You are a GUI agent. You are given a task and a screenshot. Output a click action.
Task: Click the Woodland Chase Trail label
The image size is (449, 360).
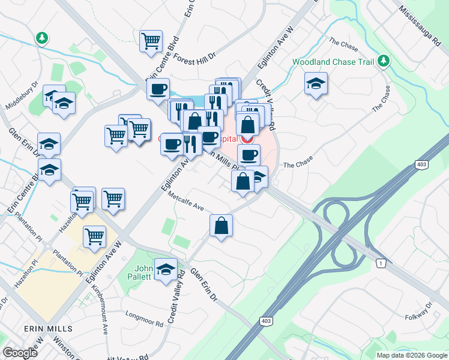click(x=333, y=62)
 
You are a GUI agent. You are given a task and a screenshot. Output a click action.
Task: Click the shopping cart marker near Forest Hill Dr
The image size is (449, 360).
click(x=151, y=41)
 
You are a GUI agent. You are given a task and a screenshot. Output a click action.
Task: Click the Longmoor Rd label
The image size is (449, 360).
click(x=144, y=318)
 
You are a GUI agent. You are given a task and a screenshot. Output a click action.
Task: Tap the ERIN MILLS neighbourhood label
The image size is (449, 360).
click(x=48, y=329)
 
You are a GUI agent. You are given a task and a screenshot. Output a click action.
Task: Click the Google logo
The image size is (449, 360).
click(x=20, y=352)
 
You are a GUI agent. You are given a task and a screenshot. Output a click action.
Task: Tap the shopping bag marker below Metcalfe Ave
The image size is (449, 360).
click(x=221, y=226)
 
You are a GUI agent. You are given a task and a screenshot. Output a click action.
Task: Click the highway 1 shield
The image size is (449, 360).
click(x=380, y=263)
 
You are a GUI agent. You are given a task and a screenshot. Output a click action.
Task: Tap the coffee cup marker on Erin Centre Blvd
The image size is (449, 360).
click(x=158, y=89)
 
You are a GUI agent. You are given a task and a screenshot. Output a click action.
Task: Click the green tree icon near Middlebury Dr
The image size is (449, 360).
click(x=41, y=38)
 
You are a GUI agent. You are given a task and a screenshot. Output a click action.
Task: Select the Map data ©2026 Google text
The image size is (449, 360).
click(x=411, y=355)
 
